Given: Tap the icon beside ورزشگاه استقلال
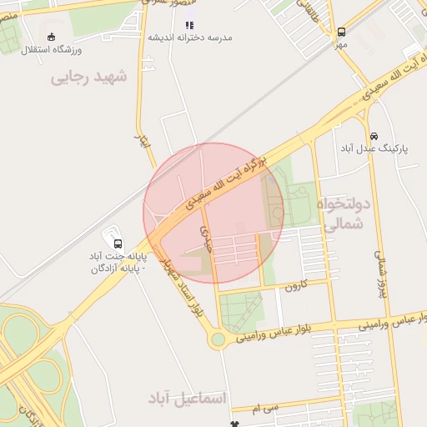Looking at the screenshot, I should point(52,36).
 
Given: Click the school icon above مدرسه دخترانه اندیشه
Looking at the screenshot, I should point(189,26).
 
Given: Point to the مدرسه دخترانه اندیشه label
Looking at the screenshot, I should point(190,38).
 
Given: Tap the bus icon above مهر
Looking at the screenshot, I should point(341,33).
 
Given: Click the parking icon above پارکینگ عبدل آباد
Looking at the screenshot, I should point(373,136).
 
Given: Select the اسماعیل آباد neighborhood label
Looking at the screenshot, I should point(188,398).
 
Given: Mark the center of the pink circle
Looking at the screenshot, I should point(213,213).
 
